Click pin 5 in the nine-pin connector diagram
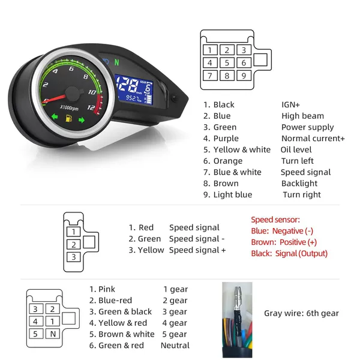pyautogui.click(x=227, y=62)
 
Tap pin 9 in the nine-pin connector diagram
pyautogui.click(x=244, y=76)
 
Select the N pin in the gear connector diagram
pyautogui.click(x=53, y=334)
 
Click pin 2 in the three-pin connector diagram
pyautogui.click(x=73, y=245)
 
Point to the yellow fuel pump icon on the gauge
pyautogui.click(x=68, y=118)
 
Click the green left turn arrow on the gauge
pyautogui.click(x=55, y=116)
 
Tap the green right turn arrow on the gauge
pyautogui.click(x=82, y=120)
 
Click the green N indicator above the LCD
pyautogui.click(x=117, y=62)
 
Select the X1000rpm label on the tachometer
pyautogui.click(x=69, y=107)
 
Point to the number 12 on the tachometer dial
pyautogui.click(x=91, y=107)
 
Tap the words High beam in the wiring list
pyautogui.click(x=302, y=116)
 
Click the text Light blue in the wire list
pyautogui.click(x=233, y=194)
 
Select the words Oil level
pyautogui.click(x=296, y=149)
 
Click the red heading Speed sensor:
pyautogui.click(x=275, y=220)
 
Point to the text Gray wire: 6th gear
pyautogui.click(x=301, y=313)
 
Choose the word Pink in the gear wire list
pyautogui.click(x=107, y=289)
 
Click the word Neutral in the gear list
pyautogui.click(x=175, y=346)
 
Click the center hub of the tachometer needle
pyautogui.click(x=73, y=94)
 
